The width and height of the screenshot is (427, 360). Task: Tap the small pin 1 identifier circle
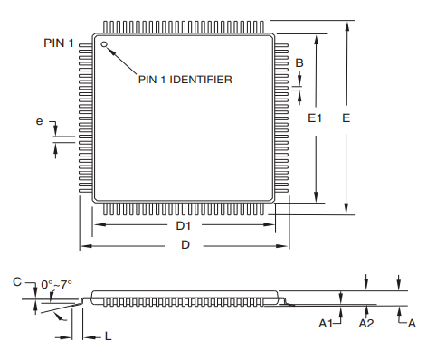pyautogui.click(x=105, y=43)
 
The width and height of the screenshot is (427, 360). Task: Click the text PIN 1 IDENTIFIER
pyautogui.click(x=185, y=80)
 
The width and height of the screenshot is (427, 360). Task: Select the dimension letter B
pyautogui.click(x=299, y=61)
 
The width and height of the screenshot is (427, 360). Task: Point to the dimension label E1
pyautogui.click(x=315, y=118)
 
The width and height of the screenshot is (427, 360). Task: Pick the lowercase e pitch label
pyautogui.click(x=39, y=120)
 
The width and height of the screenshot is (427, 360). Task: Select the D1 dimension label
pyautogui.click(x=184, y=224)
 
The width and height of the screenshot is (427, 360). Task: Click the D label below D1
pyautogui.click(x=185, y=245)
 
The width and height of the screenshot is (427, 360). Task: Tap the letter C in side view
pyautogui.click(x=16, y=283)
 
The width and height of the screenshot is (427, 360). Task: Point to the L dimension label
pyautogui.click(x=109, y=336)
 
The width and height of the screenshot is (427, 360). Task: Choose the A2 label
pyautogui.click(x=366, y=323)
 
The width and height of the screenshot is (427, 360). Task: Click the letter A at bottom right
pyautogui.click(x=412, y=323)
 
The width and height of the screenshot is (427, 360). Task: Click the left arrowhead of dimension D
pyautogui.click(x=84, y=245)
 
